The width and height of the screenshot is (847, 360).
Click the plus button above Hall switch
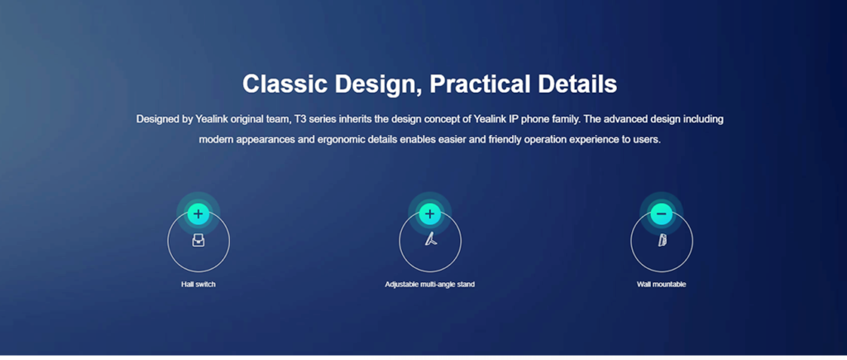[x=199, y=214]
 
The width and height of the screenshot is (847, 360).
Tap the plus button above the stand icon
[x=429, y=214]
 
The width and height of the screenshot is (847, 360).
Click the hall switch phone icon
[x=199, y=241]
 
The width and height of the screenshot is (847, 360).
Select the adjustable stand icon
[x=430, y=238]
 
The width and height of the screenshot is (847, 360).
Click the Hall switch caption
[x=199, y=285]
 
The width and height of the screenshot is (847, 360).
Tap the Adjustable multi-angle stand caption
[x=430, y=285]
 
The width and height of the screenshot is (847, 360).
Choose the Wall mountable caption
[x=662, y=285]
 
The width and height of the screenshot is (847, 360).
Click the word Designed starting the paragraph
[x=157, y=119]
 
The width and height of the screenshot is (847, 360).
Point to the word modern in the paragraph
[x=214, y=140]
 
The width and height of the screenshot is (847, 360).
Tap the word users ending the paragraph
[x=647, y=140]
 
